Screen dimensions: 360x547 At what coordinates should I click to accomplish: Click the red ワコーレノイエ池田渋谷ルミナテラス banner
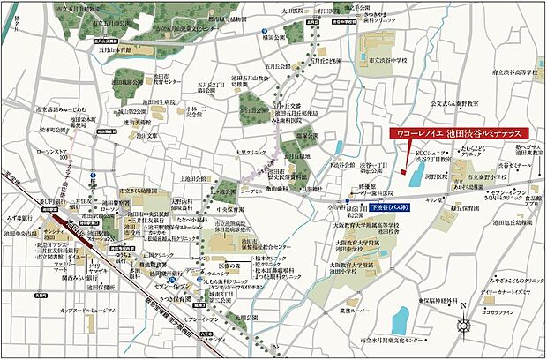(456, 132)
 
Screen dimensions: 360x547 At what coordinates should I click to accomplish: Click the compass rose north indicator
(465, 321)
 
